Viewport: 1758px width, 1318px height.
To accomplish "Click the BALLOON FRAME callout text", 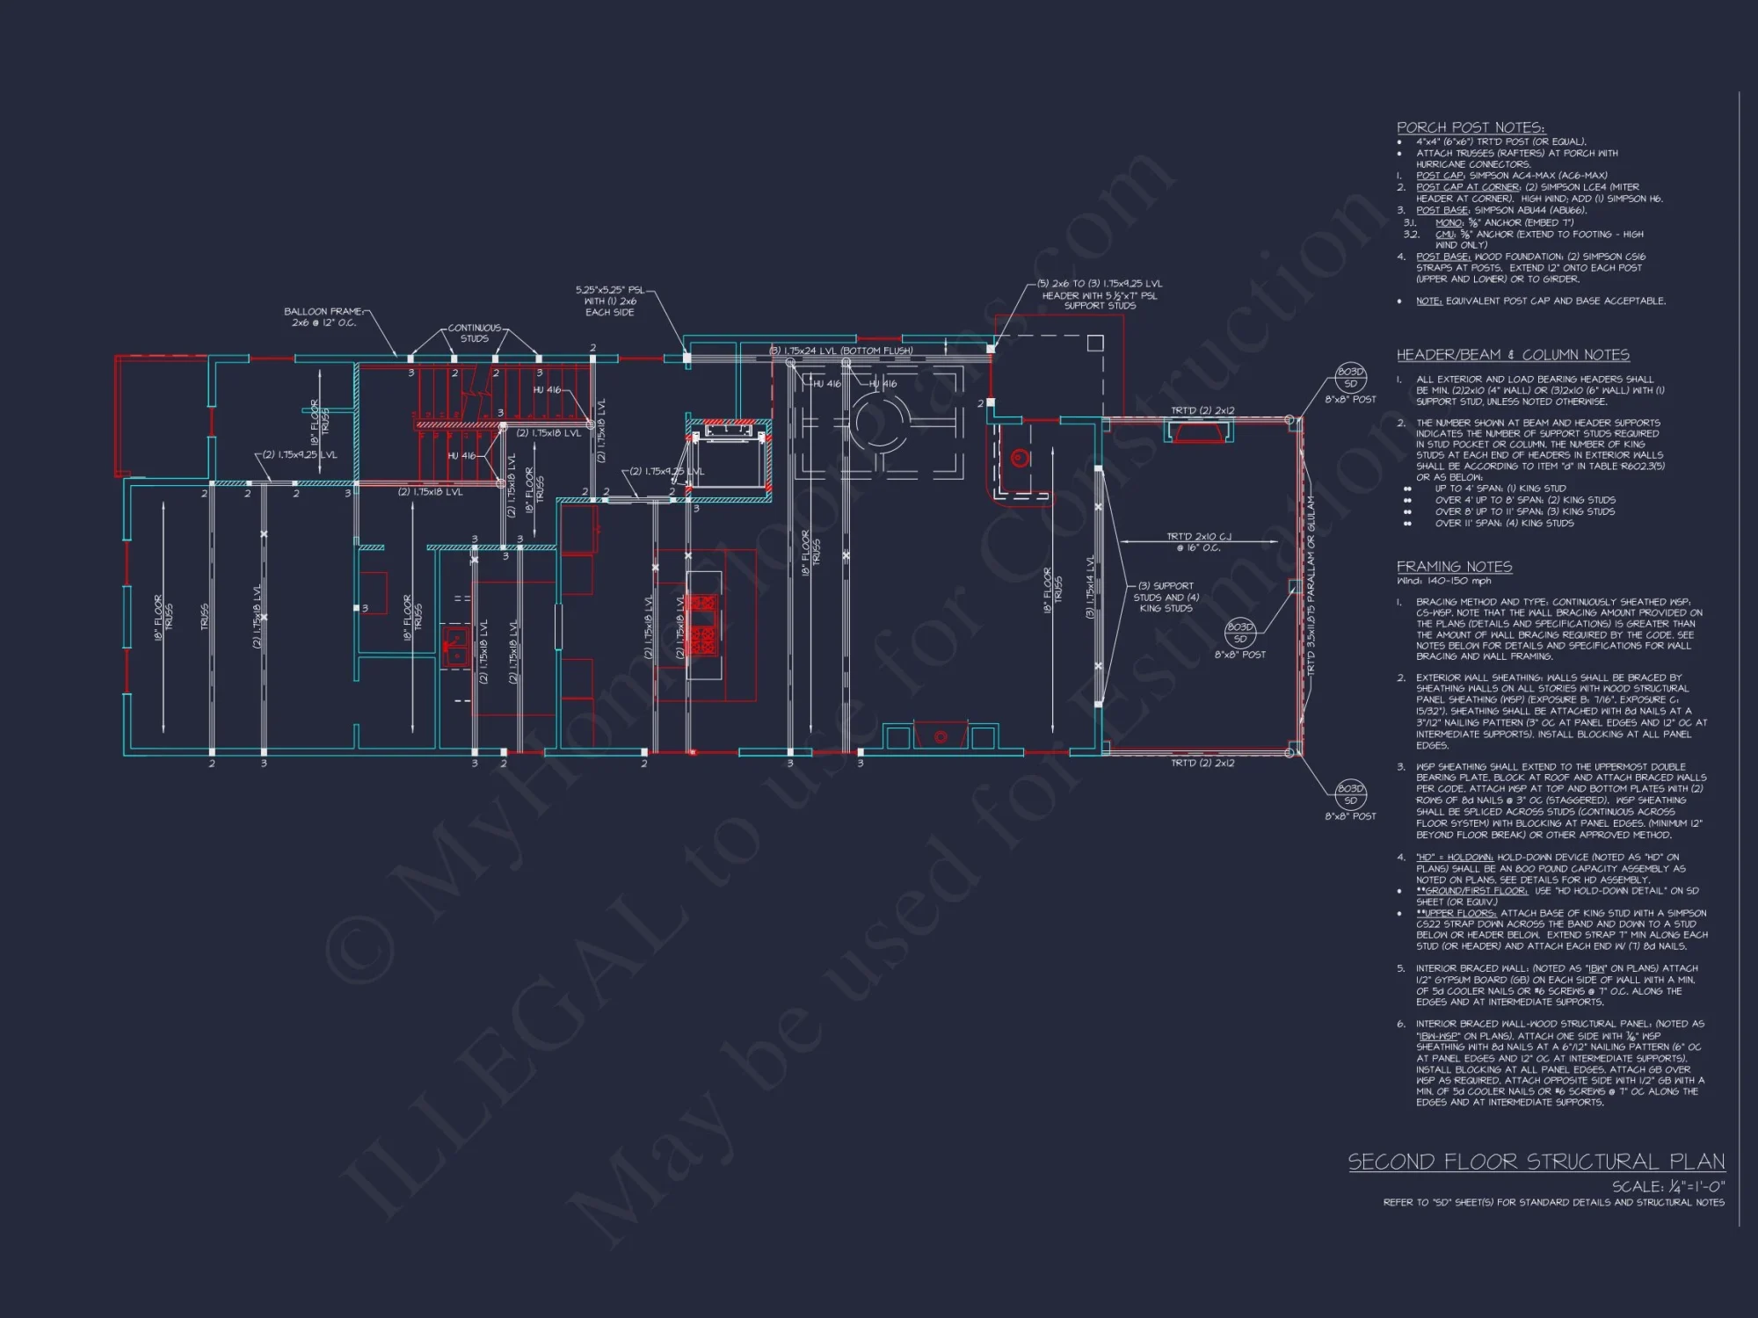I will pyautogui.click(x=323, y=317).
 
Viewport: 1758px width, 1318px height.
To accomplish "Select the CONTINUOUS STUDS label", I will pyautogui.click(x=475, y=333).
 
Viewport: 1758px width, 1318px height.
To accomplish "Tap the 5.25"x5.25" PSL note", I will pyautogui.click(x=609, y=301).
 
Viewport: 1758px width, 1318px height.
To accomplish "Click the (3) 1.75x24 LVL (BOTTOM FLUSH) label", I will pyautogui.click(x=841, y=351).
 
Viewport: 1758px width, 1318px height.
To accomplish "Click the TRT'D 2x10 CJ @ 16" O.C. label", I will pyautogui.click(x=1198, y=542).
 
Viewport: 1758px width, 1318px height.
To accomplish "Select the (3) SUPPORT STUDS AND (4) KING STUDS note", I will pyautogui.click(x=1166, y=597).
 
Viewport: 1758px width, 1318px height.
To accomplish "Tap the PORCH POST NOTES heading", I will pyautogui.click(x=1470, y=127).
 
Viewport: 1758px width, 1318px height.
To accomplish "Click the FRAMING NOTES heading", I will pyautogui.click(x=1454, y=567).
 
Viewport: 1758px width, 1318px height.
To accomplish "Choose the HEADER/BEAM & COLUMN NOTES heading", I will pyautogui.click(x=1512, y=355).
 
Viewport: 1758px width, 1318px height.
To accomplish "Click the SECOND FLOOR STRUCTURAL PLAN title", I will pyautogui.click(x=1536, y=1162).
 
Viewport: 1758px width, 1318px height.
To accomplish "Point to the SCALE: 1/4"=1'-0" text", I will pyautogui.click(x=1667, y=1186).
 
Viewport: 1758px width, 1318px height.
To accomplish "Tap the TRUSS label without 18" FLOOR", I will pyautogui.click(x=205, y=616).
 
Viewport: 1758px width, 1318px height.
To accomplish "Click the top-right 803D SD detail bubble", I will pyautogui.click(x=1350, y=378).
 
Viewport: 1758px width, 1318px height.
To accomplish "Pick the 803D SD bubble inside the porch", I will pyautogui.click(x=1239, y=633).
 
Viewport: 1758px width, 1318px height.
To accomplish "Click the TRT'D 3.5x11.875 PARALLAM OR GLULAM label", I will pyautogui.click(x=1311, y=584).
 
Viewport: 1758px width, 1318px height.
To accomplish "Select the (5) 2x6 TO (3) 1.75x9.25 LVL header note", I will pyautogui.click(x=1099, y=294).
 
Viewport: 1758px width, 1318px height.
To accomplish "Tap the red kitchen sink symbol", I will pyautogui.click(x=455, y=648).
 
